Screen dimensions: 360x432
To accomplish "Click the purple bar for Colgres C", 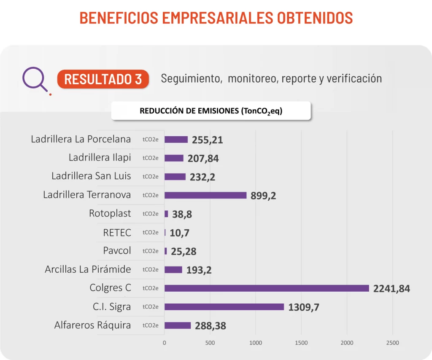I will point(267,288).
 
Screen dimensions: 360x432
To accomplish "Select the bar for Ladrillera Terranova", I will point(205,195).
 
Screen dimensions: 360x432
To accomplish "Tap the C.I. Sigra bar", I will point(224,307).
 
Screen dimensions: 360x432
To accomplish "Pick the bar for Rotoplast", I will point(166,214).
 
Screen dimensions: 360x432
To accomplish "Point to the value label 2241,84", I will point(391,289).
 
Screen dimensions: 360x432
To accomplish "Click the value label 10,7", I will point(180,233).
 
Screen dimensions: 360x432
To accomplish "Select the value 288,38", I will point(211,326).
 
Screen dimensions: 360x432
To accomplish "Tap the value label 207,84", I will point(203,159).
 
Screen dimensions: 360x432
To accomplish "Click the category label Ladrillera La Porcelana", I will point(81,139).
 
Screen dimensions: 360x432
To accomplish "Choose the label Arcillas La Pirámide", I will point(88,269).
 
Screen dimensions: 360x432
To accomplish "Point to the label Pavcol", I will point(117,250).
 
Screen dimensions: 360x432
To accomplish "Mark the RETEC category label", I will point(117,232).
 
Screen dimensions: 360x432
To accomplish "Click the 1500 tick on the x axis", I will point(301,343).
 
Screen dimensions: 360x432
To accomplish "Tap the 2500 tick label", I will point(392,343).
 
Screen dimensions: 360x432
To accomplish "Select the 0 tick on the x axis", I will point(165,343).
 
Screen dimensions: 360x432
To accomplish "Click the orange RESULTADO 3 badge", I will point(103,79).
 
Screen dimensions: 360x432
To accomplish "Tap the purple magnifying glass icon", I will point(35,79).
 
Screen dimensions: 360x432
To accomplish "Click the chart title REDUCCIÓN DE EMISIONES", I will point(211,111).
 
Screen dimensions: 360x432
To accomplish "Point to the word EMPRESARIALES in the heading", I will point(218,18).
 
